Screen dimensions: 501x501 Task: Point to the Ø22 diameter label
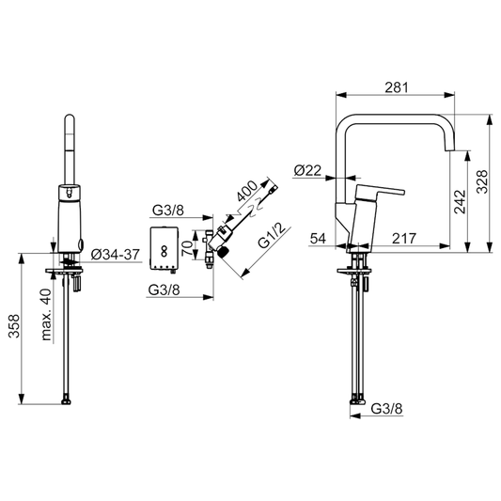tap(307, 170)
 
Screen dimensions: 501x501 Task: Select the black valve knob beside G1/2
tap(224, 251)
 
